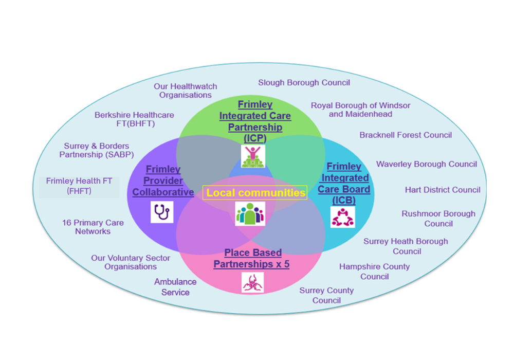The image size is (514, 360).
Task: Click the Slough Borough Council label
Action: point(304,82)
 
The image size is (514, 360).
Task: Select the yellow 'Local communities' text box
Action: point(255,193)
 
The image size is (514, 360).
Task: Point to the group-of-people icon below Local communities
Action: point(250,213)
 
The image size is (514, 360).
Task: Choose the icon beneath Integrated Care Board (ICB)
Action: point(342,217)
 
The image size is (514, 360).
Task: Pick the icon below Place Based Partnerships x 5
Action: point(252,282)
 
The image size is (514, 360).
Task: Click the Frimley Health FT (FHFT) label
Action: point(79,186)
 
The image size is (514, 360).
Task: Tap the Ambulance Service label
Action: point(175,287)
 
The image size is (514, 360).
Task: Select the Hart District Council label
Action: point(443,190)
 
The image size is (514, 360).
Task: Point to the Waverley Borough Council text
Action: point(427,164)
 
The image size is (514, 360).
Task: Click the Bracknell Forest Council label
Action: point(406,135)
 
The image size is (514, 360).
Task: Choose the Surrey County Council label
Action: point(326,295)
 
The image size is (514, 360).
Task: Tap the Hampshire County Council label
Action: point(374,272)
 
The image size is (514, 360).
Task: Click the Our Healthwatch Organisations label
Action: point(186,91)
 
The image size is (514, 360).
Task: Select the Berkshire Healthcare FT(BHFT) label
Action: point(134,119)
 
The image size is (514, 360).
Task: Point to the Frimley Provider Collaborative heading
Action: point(163,181)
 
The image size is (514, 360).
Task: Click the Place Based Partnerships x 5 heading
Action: point(252,258)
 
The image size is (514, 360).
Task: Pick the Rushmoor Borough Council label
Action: point(438,219)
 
